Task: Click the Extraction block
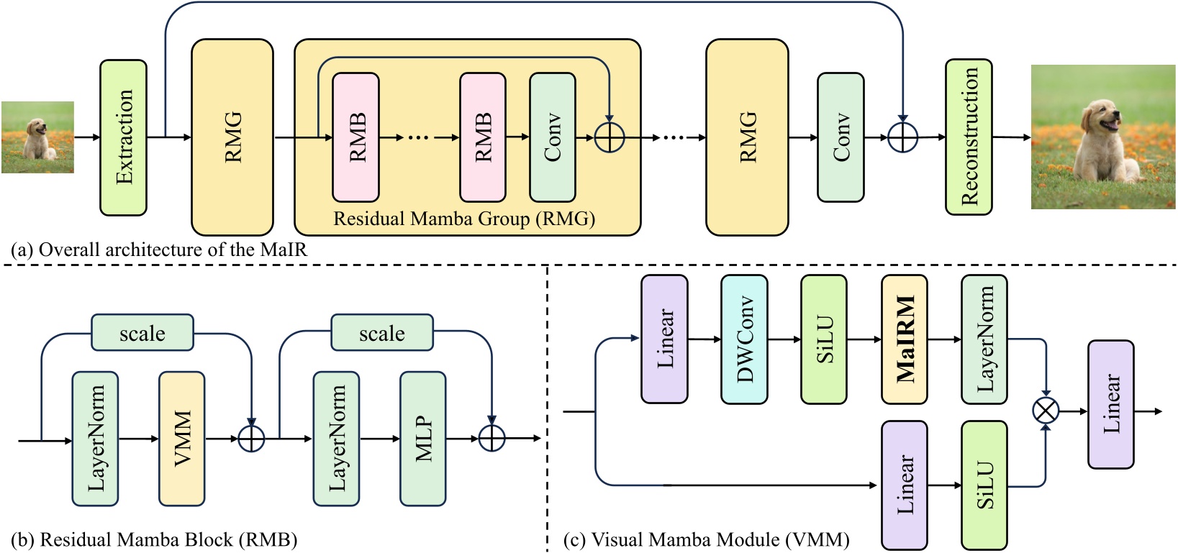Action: coord(123,137)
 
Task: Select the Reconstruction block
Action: coord(969,137)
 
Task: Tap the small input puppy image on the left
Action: coord(37,137)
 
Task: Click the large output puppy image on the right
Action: coord(1102,137)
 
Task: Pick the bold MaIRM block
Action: coord(905,339)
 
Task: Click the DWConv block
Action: coord(744,339)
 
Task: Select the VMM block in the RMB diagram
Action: coord(182,439)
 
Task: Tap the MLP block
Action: coord(423,439)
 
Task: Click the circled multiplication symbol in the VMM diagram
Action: coord(1046,411)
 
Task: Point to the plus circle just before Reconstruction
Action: coord(902,137)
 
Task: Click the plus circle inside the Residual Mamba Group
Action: coord(610,137)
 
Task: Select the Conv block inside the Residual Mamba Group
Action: coord(552,137)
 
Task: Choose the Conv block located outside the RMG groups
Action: coord(841,137)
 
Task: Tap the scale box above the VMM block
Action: coord(142,333)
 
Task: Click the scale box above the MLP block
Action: coord(381,333)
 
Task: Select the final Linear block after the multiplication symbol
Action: coord(1110,404)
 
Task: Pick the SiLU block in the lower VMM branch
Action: coord(984,485)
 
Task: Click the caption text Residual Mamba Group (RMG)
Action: coord(464,219)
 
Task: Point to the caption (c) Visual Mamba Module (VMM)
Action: coord(707,539)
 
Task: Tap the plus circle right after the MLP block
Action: coord(492,438)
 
